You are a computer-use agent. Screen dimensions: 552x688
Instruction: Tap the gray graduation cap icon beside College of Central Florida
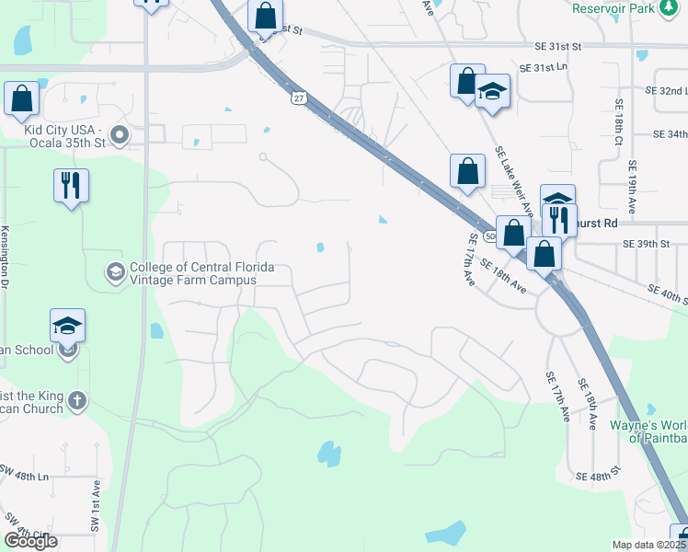[115, 271]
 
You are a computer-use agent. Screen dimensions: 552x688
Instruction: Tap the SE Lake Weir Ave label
[513, 179]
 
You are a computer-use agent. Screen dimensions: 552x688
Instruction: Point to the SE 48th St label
[598, 477]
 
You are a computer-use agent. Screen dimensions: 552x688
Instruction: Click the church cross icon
[77, 401]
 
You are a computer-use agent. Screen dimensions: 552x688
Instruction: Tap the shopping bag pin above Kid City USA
[21, 98]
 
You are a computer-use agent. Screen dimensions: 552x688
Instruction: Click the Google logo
[30, 542]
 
